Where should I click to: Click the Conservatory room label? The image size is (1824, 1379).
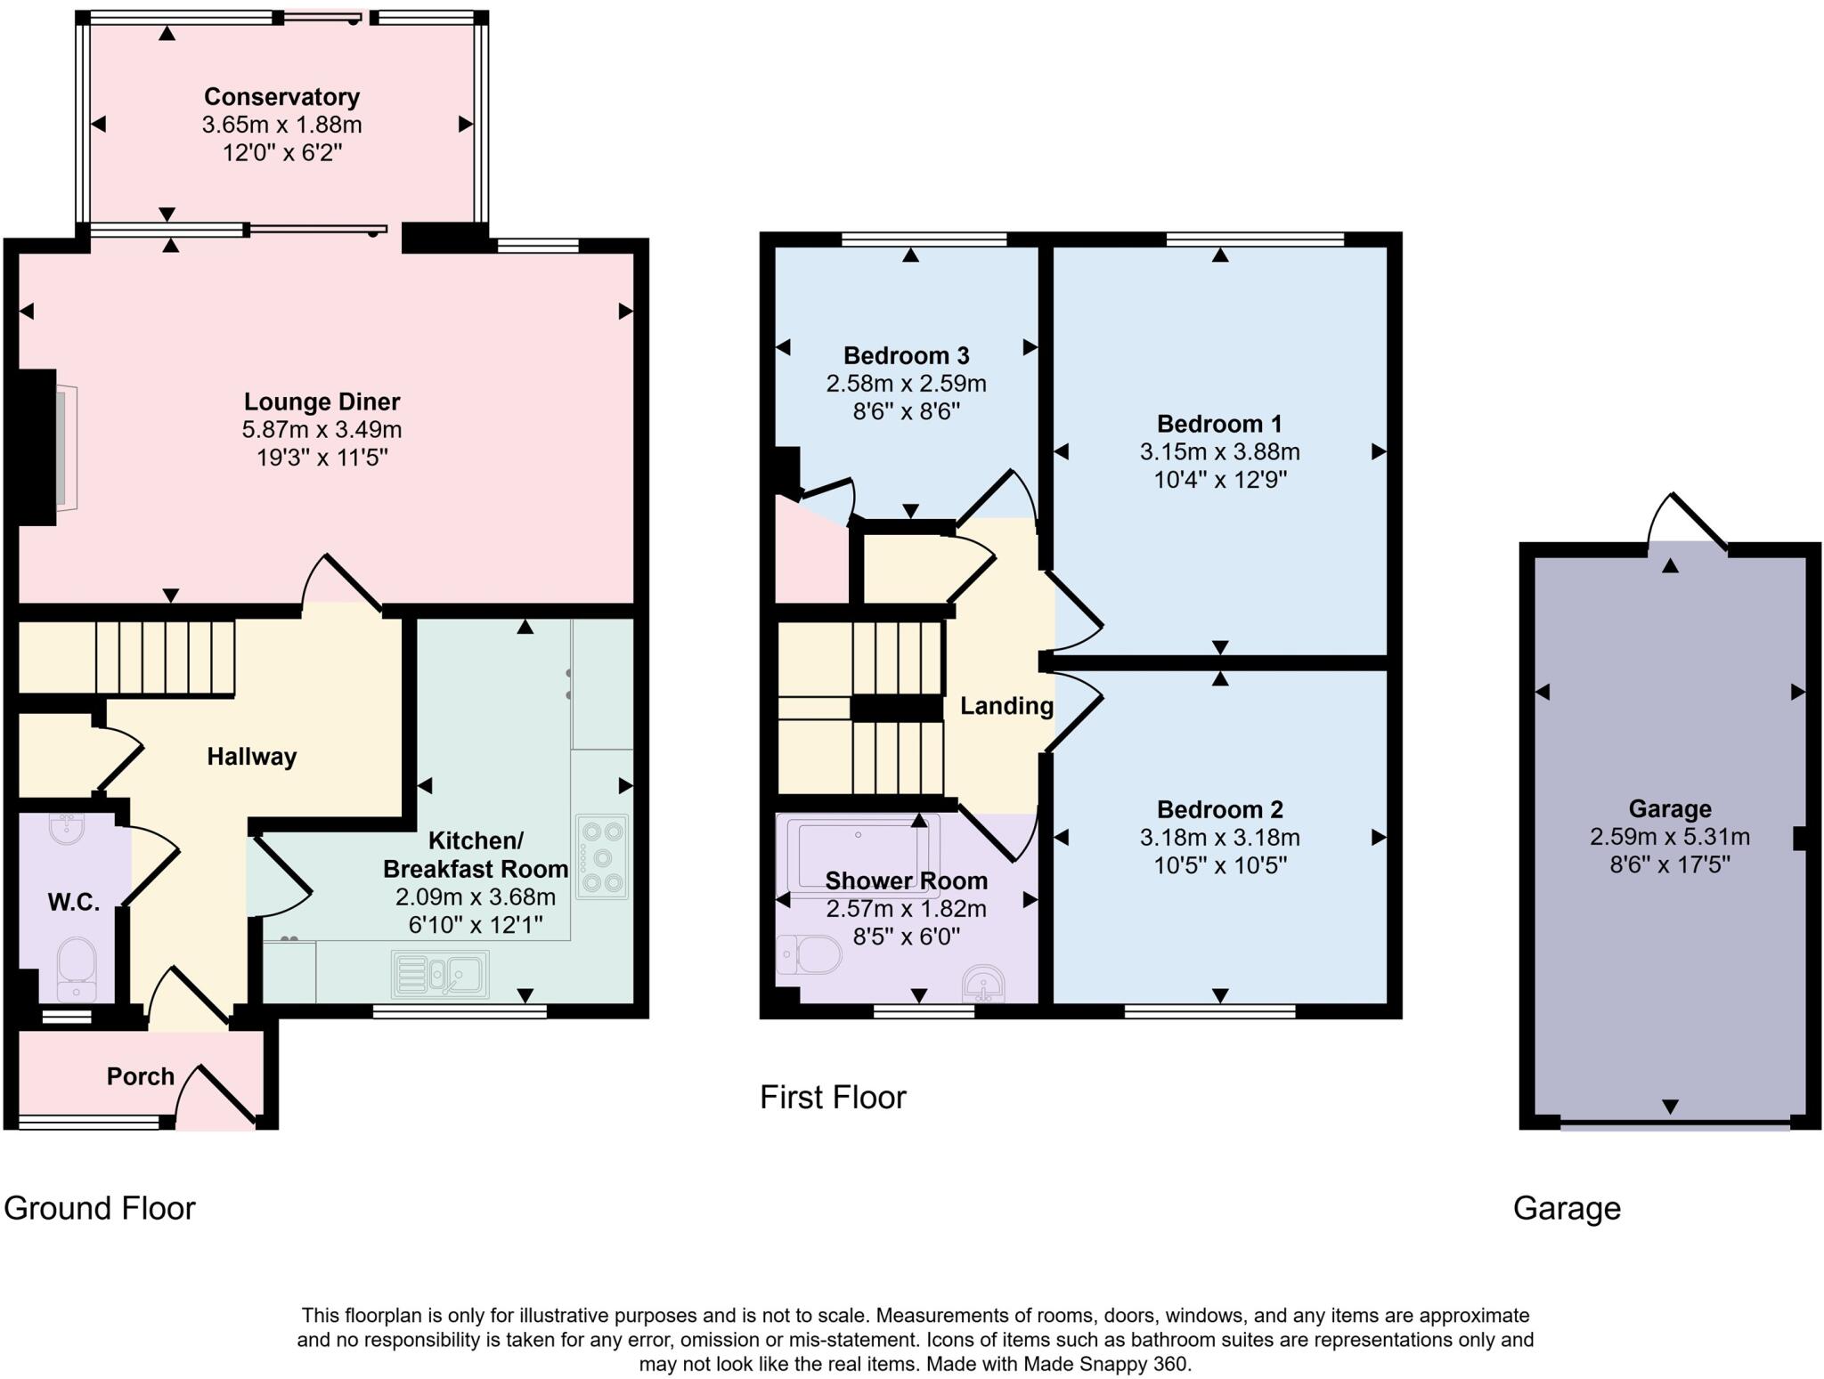pos(281,96)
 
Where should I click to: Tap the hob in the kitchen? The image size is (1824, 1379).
pos(602,857)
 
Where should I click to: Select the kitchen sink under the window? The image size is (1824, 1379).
pos(440,974)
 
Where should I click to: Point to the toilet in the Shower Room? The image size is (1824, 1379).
pos(810,955)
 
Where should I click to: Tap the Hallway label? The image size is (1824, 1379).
pos(251,757)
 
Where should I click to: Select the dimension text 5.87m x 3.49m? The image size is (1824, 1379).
pos(322,430)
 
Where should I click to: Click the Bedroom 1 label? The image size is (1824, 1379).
pos(1218,424)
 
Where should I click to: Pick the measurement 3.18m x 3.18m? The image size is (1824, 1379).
pos(1219,838)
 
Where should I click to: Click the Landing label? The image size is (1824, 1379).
pos(1006,706)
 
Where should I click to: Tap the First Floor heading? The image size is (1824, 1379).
pos(833,1097)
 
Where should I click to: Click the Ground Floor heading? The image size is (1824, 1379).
pos(100,1208)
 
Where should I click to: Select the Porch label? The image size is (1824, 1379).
pos(140,1076)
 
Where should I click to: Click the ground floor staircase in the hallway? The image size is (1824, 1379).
pos(165,658)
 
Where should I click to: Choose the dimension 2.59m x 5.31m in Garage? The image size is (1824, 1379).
pos(1669,837)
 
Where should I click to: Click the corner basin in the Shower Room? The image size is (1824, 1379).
pos(983,985)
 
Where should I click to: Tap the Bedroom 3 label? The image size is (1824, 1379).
pos(906,356)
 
